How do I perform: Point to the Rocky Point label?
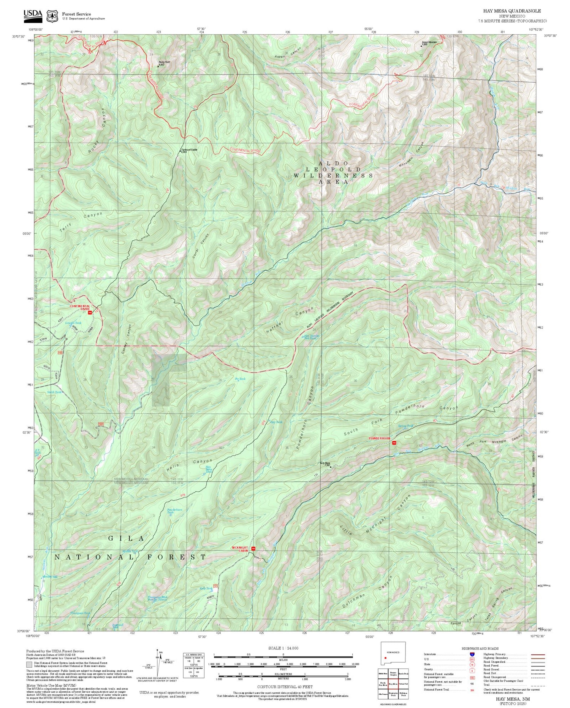[164, 63]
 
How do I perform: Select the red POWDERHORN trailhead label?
[379, 438]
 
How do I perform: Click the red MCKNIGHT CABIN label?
[240, 549]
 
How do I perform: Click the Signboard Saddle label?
[189, 150]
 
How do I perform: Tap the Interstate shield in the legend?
[472, 654]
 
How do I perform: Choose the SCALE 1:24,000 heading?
[283, 648]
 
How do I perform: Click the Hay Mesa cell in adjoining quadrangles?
[393, 684]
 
